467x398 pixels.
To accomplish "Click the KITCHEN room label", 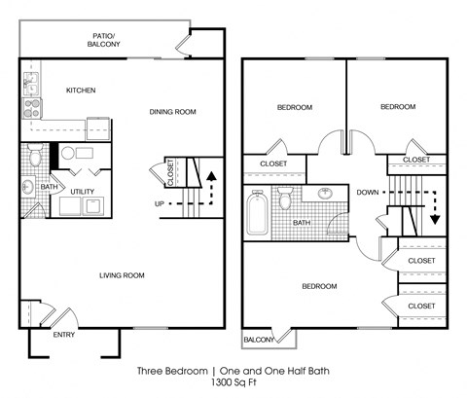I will tap(80, 90).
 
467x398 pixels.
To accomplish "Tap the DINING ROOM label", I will tap(172, 112).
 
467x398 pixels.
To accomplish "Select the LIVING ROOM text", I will tap(121, 275).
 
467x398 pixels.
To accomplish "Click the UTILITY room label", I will tap(82, 191).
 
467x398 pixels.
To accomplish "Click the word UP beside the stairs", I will tap(160, 203).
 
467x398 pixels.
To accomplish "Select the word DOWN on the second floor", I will tap(367, 192).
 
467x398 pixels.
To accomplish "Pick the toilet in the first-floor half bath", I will tap(34, 156).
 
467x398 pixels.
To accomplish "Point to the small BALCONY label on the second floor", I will tap(258, 340).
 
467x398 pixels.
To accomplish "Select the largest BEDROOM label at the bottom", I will tap(318, 286).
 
